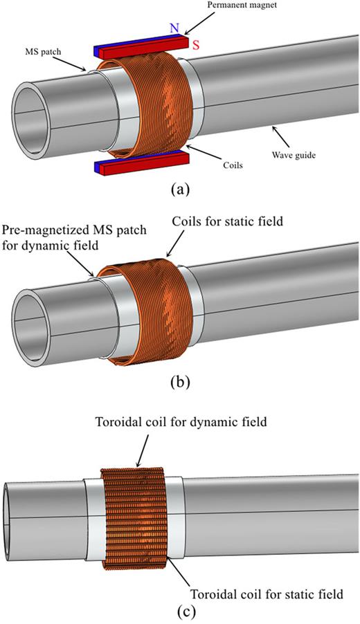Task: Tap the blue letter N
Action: [174, 28]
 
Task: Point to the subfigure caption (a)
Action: [181, 188]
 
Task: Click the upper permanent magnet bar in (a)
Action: [138, 46]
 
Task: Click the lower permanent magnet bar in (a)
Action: [138, 165]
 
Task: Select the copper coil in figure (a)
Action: [149, 104]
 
